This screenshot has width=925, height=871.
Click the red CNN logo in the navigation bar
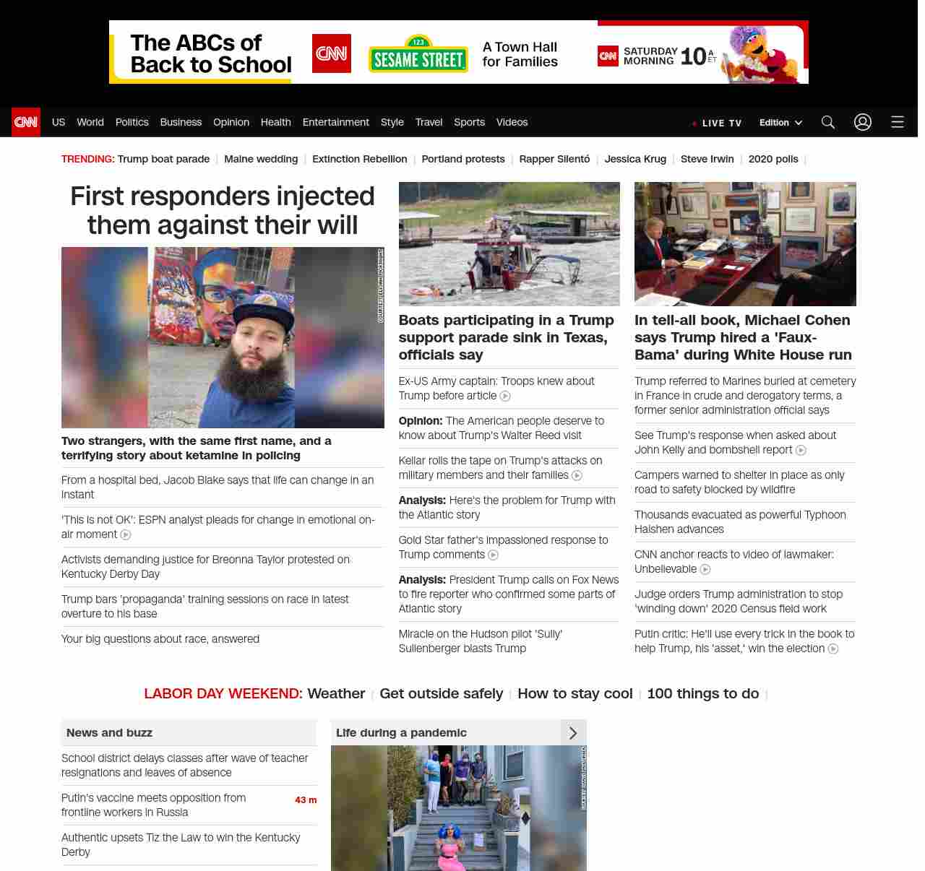(x=26, y=122)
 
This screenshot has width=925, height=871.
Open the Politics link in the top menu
(x=132, y=122)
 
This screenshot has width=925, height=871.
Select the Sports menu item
(x=469, y=122)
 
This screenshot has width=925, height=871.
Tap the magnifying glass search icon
(x=827, y=122)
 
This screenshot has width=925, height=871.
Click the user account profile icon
(x=862, y=122)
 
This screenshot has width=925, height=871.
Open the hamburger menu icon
(x=897, y=122)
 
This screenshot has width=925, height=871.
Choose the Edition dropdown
(x=780, y=123)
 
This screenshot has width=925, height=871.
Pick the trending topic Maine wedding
(x=261, y=159)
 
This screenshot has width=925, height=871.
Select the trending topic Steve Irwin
(x=707, y=159)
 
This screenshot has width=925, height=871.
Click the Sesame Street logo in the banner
(x=418, y=55)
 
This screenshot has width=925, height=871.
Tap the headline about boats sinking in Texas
(x=506, y=337)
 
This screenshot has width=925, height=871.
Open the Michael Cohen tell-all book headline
(x=743, y=337)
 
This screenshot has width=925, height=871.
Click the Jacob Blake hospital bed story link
(x=217, y=487)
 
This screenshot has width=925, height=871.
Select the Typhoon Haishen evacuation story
(x=740, y=521)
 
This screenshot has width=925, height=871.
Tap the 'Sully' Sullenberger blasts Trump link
(x=480, y=641)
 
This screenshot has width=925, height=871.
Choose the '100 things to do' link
(x=702, y=693)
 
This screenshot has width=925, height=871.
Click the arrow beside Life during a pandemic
(x=573, y=733)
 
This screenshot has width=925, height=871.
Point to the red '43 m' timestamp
(x=306, y=800)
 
